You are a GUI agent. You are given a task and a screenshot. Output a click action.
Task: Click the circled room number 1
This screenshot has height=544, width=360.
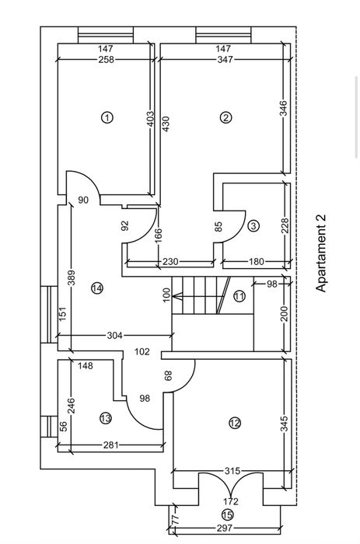coord(107,117)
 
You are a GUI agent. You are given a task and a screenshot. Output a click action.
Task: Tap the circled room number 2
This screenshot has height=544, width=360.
coord(225,117)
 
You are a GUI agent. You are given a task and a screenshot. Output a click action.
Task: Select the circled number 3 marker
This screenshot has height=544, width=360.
coord(253,226)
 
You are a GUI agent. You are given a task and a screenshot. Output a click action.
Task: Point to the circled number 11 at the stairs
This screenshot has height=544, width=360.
coord(239,297)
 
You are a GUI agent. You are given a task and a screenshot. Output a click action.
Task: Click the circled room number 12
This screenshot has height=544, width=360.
coord(235,423)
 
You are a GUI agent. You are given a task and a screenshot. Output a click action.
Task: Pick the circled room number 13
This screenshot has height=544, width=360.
coord(106,418)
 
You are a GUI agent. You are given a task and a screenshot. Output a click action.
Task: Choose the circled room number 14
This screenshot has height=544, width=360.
coord(97,288)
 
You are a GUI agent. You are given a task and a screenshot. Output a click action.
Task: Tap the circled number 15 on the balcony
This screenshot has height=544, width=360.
coord(227,514)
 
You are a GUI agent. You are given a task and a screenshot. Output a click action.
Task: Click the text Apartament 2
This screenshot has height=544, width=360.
coord(321,253)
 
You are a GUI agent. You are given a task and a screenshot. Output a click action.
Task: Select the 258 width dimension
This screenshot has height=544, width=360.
coord(106,60)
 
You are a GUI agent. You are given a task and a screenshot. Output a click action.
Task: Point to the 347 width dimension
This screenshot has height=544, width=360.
coord(225,60)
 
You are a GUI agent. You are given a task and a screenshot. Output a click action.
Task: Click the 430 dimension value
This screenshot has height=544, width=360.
coord(166,124)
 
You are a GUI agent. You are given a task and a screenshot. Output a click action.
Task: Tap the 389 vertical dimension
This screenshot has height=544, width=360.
coord(72,277)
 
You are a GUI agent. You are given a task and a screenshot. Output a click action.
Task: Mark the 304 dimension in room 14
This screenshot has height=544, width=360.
coord(114,336)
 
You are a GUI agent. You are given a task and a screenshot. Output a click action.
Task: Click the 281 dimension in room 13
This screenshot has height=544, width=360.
coord(111,445)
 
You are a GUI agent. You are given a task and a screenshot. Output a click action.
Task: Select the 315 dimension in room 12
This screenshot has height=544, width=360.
coord(232,471)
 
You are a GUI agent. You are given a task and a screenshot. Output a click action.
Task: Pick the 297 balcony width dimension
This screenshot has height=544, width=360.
coord(225,528)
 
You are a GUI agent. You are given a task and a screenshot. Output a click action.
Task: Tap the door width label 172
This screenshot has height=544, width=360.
coord(231,501)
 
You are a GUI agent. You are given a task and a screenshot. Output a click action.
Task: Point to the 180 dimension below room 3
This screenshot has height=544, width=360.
coord(257,262)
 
